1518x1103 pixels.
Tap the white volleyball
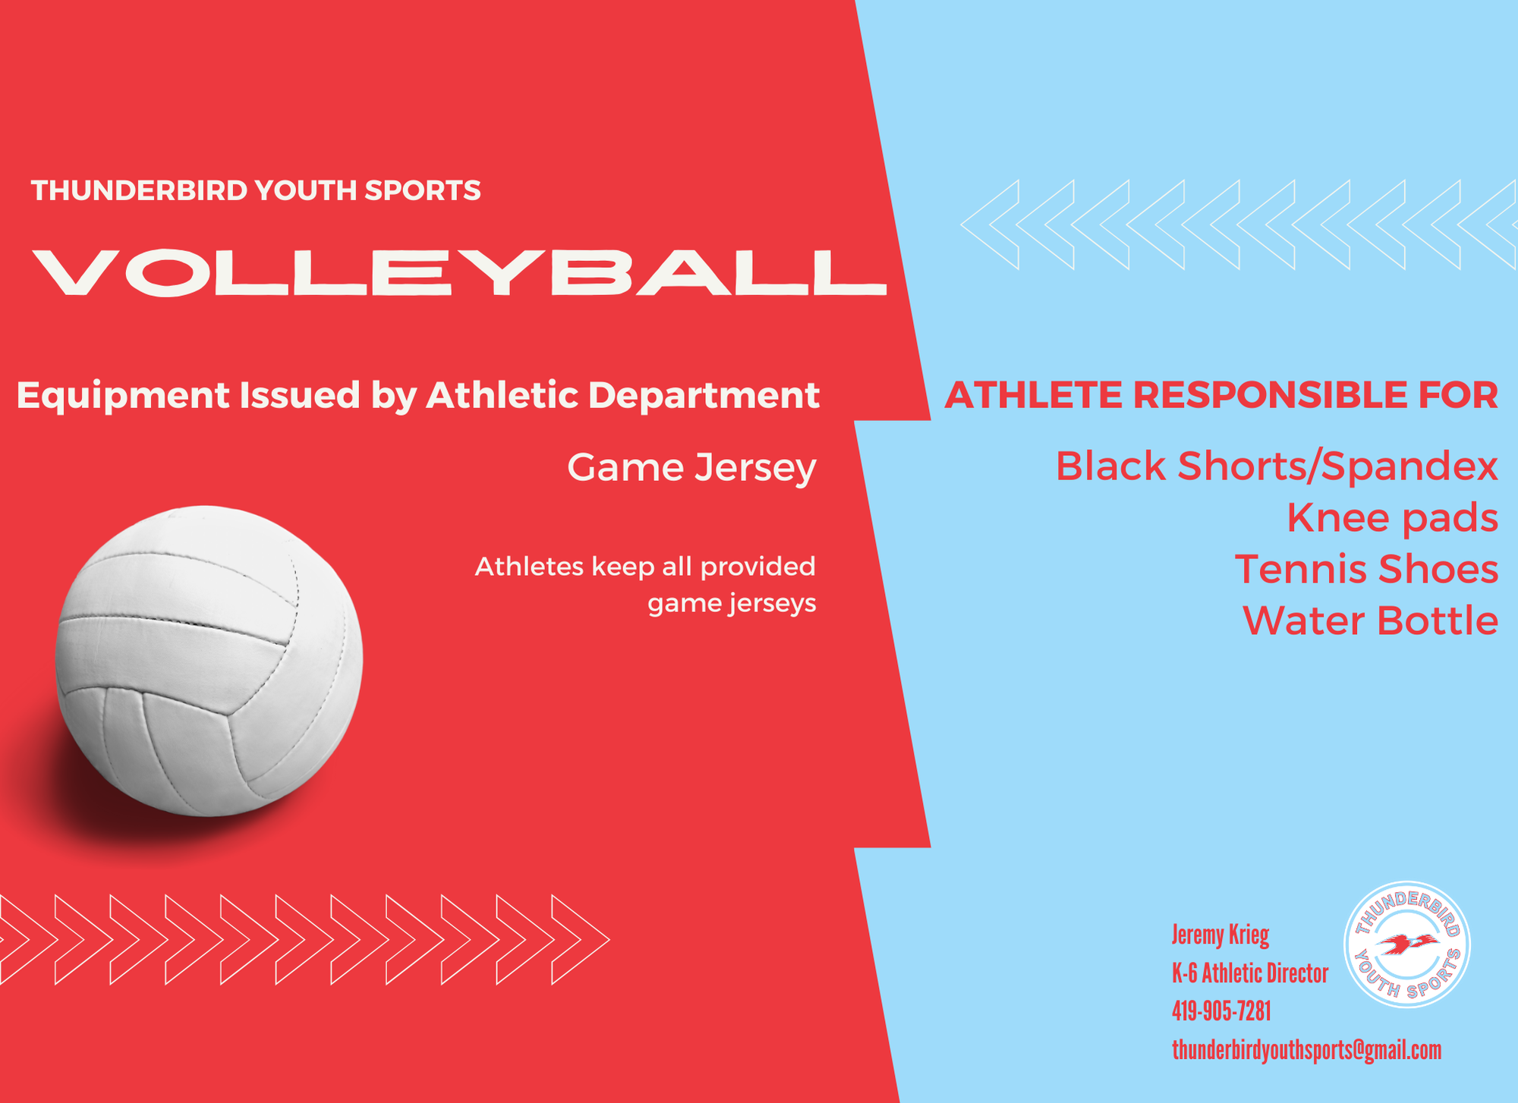pos(209,661)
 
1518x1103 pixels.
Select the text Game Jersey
pos(691,467)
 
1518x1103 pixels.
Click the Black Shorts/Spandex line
pos(1277,466)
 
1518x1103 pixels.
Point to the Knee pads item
pos(1393,518)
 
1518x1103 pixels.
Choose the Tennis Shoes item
pos(1367,569)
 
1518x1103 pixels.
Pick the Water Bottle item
pos(1371,621)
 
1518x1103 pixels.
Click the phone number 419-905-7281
pos(1221,1011)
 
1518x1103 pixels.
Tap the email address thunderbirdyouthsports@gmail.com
pos(1306,1050)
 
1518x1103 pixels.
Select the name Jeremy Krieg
pos(1220,935)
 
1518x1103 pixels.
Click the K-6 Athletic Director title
pos(1250,973)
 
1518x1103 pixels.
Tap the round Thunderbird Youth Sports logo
pos(1407,944)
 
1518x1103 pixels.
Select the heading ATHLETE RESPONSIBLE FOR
pos(1221,395)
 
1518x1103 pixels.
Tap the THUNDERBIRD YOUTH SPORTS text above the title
pos(256,190)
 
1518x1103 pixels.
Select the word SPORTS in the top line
pos(423,190)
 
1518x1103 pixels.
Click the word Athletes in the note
pos(529,567)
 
